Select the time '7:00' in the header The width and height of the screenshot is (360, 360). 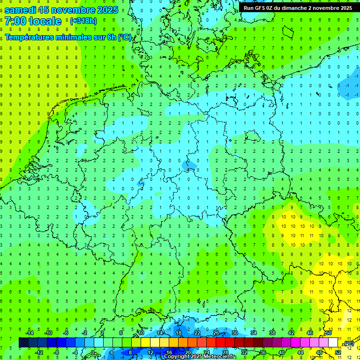15,21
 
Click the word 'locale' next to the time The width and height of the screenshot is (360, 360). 45,21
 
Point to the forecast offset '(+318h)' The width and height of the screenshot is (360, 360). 83,21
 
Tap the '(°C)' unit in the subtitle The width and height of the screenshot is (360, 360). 125,37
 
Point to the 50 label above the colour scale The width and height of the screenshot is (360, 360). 329,333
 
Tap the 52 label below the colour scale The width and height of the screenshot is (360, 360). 337,352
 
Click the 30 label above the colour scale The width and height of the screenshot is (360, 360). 235,333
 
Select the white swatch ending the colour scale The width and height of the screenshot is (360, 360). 333,343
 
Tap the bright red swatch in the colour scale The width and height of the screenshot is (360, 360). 221,343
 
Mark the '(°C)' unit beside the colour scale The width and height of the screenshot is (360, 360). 348,344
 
